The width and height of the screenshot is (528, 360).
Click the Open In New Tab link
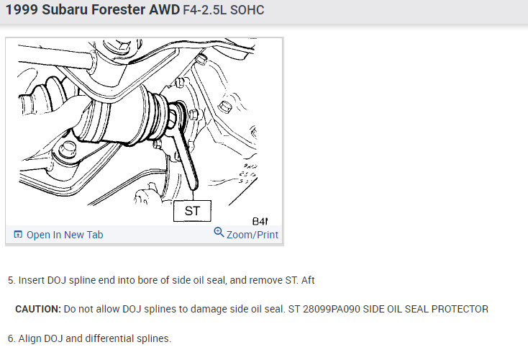[65, 235]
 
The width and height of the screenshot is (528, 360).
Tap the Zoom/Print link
[252, 235]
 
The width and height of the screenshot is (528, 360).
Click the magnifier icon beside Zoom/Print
[219, 233]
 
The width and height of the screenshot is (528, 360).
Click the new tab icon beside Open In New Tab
[19, 235]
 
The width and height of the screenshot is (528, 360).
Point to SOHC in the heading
[248, 13]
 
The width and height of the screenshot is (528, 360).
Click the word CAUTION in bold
[37, 309]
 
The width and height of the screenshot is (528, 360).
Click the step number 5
[11, 280]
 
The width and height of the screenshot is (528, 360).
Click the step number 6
[11, 338]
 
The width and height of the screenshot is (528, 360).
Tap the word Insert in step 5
[32, 280]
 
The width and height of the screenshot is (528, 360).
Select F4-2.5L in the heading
[208, 13]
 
